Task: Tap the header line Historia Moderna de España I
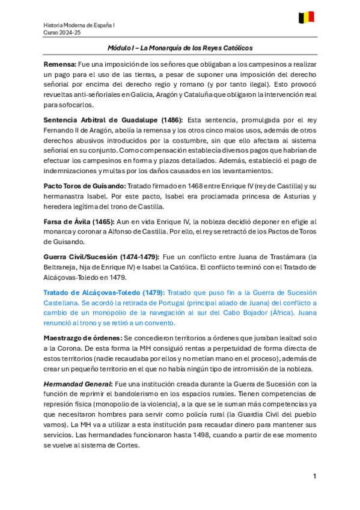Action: [x=80, y=25]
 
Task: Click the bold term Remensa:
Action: [x=60, y=64]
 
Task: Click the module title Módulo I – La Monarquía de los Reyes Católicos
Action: [x=180, y=48]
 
